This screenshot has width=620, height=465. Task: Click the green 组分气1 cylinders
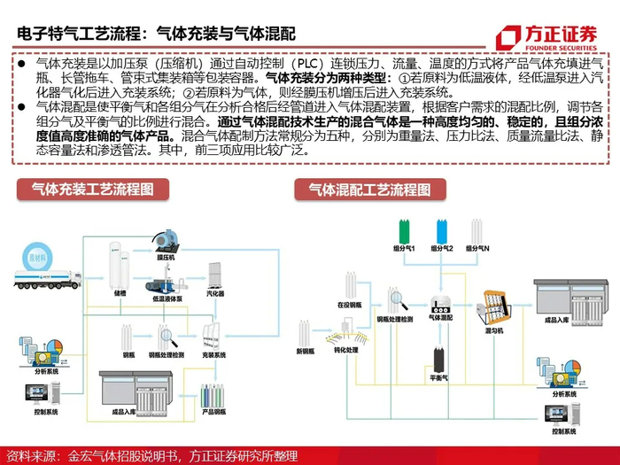point(405,231)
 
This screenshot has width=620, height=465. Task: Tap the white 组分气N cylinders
point(477,231)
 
